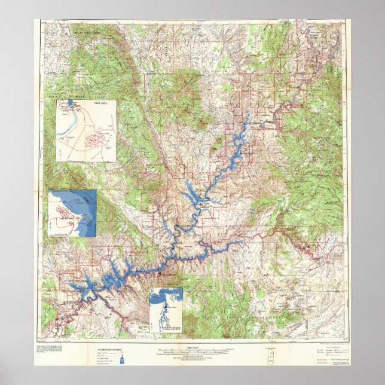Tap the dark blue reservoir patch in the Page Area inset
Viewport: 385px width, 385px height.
coord(71,102)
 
